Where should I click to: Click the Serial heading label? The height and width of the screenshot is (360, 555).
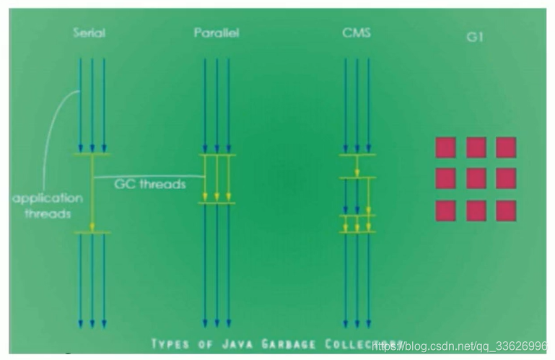(90, 33)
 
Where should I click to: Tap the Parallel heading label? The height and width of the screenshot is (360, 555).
(217, 33)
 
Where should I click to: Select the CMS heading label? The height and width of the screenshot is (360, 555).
(357, 33)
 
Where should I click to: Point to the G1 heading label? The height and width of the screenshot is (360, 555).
(474, 37)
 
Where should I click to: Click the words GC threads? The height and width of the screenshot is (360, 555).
(150, 184)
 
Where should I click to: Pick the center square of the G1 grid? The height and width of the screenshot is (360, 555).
(476, 178)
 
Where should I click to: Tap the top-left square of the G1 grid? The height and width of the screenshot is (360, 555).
(445, 147)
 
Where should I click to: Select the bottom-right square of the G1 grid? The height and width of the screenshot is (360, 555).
(506, 211)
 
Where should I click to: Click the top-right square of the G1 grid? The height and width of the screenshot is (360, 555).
(506, 147)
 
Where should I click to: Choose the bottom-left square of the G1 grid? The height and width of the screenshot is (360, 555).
(445, 211)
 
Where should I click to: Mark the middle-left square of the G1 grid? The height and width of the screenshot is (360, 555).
(445, 178)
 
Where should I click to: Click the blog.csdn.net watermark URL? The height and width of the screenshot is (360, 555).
(462, 346)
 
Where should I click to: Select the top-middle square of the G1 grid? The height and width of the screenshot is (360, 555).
(476, 147)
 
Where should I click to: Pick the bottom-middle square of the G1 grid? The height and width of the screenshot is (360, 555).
(476, 211)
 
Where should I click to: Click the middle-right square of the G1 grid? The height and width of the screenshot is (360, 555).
(506, 178)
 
